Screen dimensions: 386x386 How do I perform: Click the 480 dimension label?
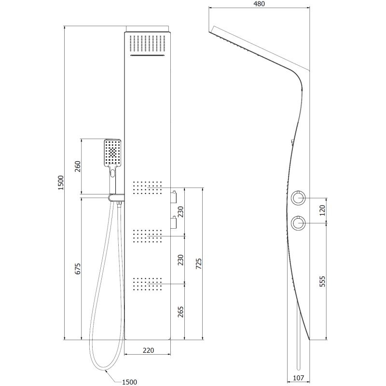coord(259,4)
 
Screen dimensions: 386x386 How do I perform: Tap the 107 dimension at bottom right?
coord(298,378)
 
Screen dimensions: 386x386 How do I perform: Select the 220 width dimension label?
coord(148,350)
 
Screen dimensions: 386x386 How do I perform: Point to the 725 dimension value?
coord(199,263)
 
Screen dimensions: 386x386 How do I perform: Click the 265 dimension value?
coord(180,312)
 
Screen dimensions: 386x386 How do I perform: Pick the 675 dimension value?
coord(78,269)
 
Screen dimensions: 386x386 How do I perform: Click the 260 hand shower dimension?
coord(78,166)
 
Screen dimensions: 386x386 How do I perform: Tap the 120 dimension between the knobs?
coord(322,210)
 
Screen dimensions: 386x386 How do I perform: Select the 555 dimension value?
coord(322,281)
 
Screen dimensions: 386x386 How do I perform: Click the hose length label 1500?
coord(129,382)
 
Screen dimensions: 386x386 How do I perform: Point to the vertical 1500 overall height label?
coord(61,183)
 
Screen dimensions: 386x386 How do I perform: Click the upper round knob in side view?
coord(298,198)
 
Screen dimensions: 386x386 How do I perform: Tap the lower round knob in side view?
coord(298,223)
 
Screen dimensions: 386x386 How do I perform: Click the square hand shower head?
coord(112,152)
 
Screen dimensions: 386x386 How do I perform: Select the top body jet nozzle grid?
coord(147,188)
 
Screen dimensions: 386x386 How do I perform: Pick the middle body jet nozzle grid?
coord(147,236)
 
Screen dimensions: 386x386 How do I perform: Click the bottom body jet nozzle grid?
coord(147,284)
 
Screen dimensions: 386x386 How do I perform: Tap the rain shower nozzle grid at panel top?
coord(148,43)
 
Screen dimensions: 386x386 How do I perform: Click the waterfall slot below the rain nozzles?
coord(148,55)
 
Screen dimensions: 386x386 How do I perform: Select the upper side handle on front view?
coord(174,197)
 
